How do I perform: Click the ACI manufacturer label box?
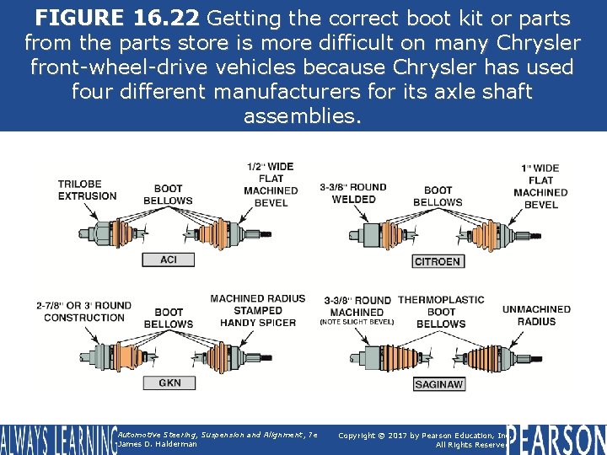coord(169,260)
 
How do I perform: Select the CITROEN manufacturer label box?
coord(438,261)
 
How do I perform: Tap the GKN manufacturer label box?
coord(169,383)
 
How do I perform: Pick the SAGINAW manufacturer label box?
coord(439,384)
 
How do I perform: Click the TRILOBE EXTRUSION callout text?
coord(87,190)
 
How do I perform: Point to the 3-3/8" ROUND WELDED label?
coord(353,193)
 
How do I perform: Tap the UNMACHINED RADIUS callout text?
coord(536,315)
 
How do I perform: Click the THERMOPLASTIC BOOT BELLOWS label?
coord(441,312)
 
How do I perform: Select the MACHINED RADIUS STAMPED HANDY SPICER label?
coord(258,310)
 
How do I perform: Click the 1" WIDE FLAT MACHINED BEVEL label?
coord(540,186)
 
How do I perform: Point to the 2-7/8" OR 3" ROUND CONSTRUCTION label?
coord(84,312)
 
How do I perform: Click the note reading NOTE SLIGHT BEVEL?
coord(357,322)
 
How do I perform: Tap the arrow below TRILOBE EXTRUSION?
coord(90,211)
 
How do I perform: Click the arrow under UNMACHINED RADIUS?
coord(516,340)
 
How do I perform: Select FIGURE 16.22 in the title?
coord(117,18)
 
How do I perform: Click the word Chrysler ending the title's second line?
coord(539,42)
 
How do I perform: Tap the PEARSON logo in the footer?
coord(556,440)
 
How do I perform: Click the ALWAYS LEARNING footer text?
coord(59,440)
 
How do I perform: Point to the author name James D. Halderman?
coord(158,444)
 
